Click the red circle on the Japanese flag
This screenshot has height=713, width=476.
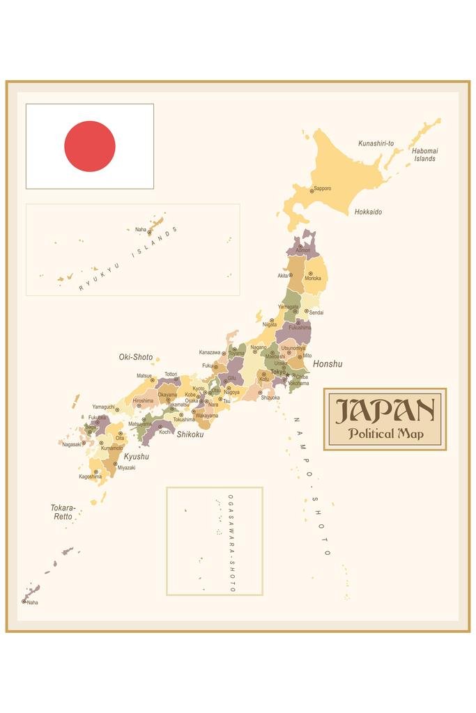(x=90, y=146)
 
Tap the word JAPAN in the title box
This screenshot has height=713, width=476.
(x=385, y=412)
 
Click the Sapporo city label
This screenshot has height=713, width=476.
(x=322, y=188)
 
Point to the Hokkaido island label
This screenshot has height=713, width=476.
(x=368, y=212)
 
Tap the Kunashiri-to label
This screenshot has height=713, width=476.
(x=376, y=143)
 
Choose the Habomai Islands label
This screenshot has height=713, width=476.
(x=424, y=155)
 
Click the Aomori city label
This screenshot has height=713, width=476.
(x=303, y=250)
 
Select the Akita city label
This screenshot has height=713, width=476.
(x=283, y=276)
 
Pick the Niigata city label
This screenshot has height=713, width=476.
(x=269, y=324)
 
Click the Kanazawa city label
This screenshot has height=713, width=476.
(x=210, y=352)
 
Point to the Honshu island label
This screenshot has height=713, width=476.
(x=328, y=363)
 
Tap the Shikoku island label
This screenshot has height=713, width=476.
(x=190, y=434)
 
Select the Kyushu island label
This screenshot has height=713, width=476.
(x=136, y=457)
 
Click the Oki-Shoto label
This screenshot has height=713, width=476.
(x=135, y=357)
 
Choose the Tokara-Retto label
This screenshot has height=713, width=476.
(x=63, y=512)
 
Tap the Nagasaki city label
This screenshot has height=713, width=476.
(x=71, y=444)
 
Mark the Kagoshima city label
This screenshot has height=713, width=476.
(x=89, y=477)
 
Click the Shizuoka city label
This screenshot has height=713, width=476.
(x=270, y=398)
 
